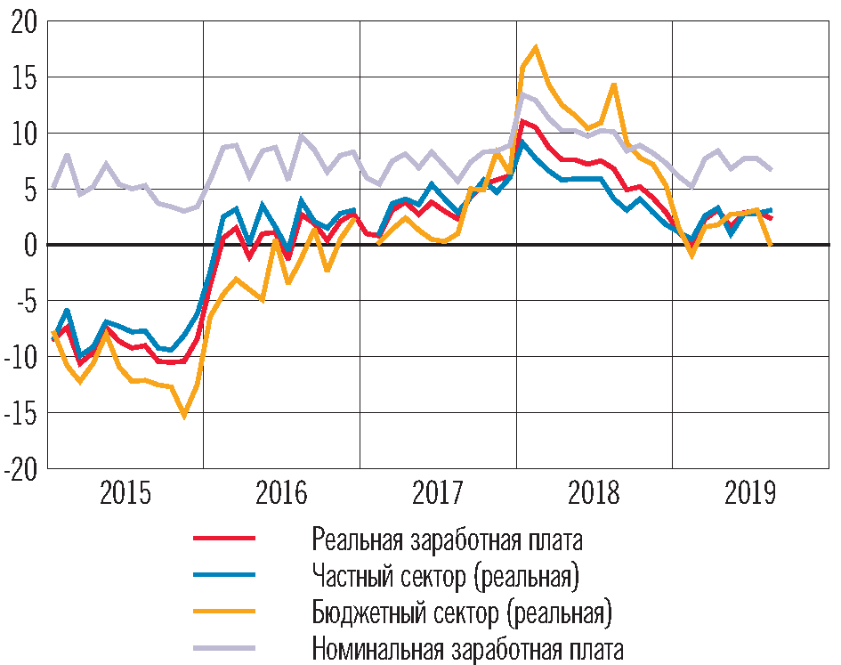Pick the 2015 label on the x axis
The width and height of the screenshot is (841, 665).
tap(125, 492)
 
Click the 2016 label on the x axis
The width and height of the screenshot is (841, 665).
tap(281, 492)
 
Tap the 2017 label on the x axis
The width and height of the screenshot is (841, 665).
tap(438, 492)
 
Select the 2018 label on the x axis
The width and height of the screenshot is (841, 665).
tap(594, 492)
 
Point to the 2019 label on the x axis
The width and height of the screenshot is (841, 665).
tap(749, 492)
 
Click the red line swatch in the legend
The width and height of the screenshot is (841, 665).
tap(224, 539)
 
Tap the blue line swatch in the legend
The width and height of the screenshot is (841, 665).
tap(224, 576)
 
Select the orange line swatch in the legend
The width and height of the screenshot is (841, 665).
tap(224, 612)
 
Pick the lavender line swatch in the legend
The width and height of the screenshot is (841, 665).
tap(224, 649)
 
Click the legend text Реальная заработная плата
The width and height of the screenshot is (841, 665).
tap(448, 539)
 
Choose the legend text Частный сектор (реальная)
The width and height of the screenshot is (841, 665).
tap(446, 577)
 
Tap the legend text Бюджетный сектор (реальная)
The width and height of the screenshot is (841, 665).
tap(464, 613)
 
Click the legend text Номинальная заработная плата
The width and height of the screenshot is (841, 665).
tap(468, 650)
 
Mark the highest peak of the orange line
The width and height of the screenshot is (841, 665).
tap(535, 47)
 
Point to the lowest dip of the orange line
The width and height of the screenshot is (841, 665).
tap(184, 416)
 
